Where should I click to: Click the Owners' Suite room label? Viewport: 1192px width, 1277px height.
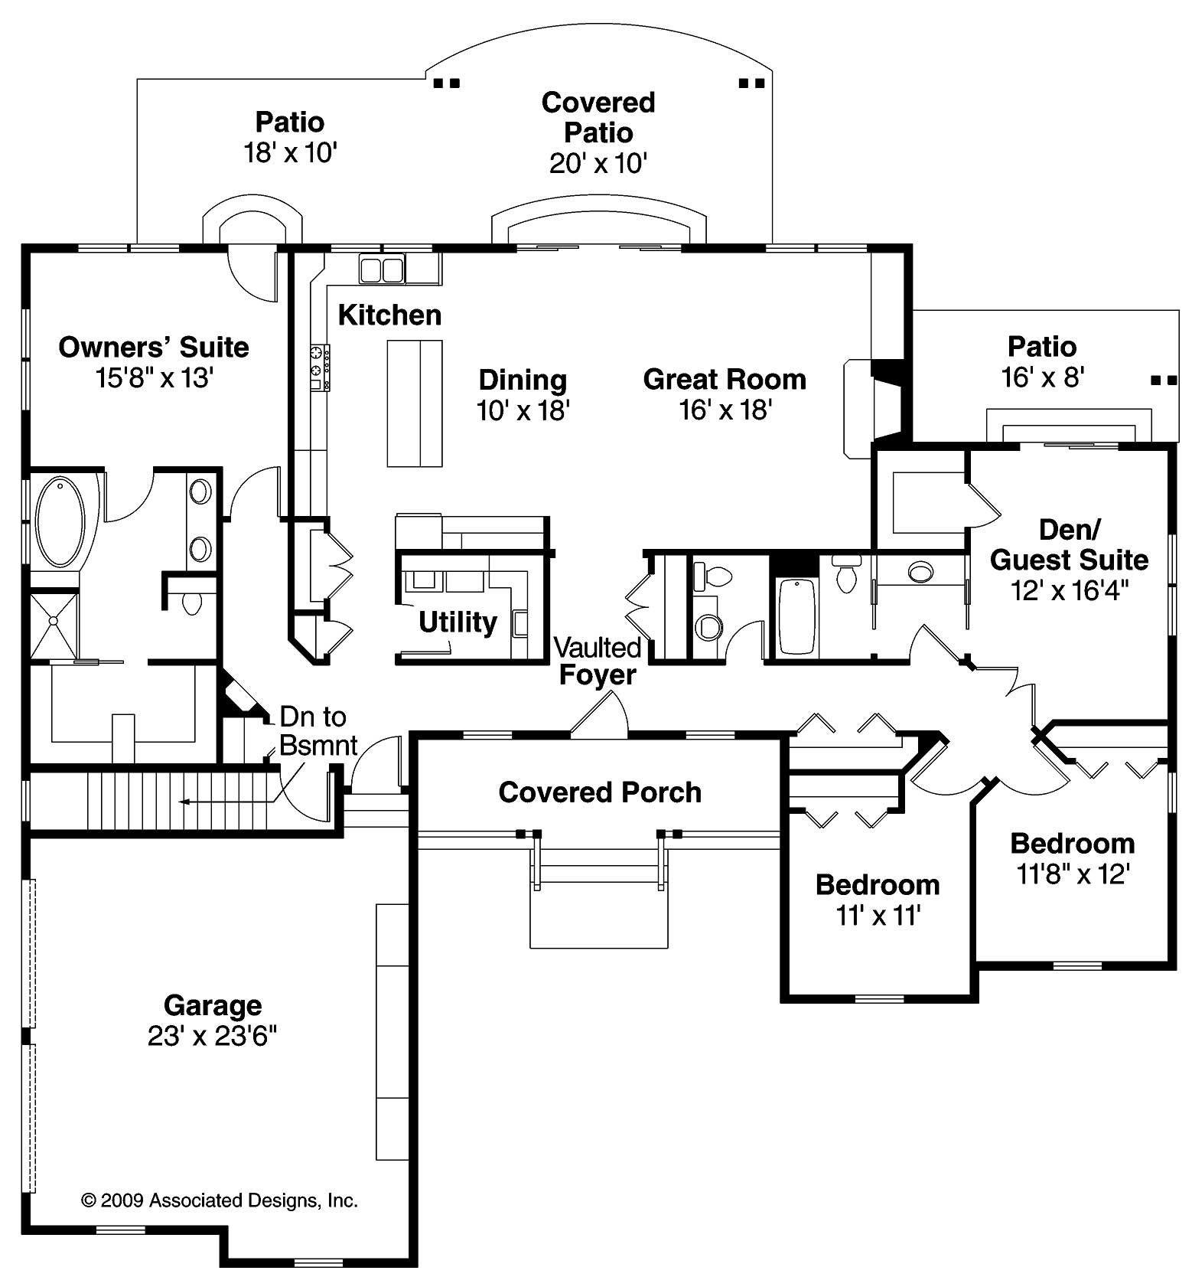(153, 348)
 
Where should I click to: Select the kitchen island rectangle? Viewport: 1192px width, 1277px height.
(414, 403)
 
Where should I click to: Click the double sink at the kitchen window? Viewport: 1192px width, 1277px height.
(381, 270)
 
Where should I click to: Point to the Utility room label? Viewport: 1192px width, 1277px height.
(458, 622)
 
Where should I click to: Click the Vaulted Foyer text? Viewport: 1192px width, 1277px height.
(598, 661)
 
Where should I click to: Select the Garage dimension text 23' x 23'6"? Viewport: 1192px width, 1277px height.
(212, 1037)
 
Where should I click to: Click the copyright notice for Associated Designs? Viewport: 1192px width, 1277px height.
(220, 1200)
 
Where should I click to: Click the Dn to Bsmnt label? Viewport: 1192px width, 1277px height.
(318, 730)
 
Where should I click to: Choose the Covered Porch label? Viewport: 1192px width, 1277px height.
(600, 792)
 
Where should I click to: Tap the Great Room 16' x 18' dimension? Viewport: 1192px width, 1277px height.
(725, 411)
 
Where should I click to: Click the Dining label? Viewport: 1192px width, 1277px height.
(523, 380)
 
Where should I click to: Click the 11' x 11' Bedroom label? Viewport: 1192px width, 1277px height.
(878, 885)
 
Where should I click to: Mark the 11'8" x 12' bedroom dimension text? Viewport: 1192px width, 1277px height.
(1073, 874)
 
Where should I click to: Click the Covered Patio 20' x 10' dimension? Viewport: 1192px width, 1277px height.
(598, 164)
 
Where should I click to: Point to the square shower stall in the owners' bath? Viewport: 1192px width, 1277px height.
(54, 624)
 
